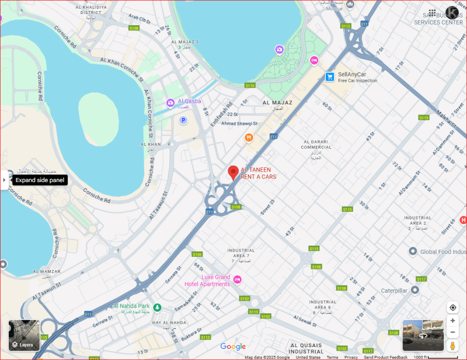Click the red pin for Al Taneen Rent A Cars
[233, 172]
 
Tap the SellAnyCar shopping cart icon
[330, 76]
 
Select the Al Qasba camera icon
[170, 103]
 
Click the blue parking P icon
[183, 120]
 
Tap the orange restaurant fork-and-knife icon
[249, 138]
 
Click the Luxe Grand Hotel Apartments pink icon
[238, 280]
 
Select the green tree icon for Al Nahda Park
[157, 307]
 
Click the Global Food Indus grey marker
[413, 251]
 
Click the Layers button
[23, 335]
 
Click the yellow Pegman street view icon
[452, 346]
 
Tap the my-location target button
[452, 307]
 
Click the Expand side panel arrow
[4, 180]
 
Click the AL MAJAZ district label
[277, 102]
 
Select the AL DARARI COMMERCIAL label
[316, 145]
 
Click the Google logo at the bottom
[233, 347]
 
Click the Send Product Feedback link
[386, 357]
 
